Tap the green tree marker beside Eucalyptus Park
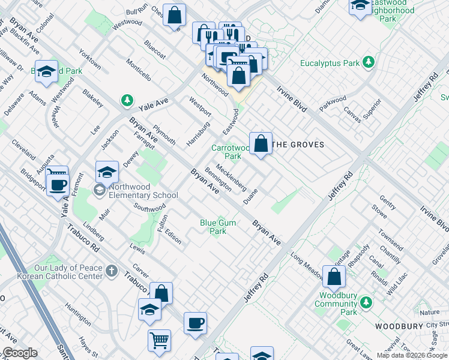tap(367, 62)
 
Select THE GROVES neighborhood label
tap(298, 145)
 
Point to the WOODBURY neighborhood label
tap(399, 326)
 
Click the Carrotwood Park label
tap(230, 152)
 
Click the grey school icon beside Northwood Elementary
tap(98, 190)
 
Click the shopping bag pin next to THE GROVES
tap(261, 144)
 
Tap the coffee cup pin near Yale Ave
tap(58, 185)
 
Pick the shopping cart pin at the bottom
tap(159, 340)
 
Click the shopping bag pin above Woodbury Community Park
tap(334, 277)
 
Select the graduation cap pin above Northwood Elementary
tap(107, 172)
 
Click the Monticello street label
tap(139, 70)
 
